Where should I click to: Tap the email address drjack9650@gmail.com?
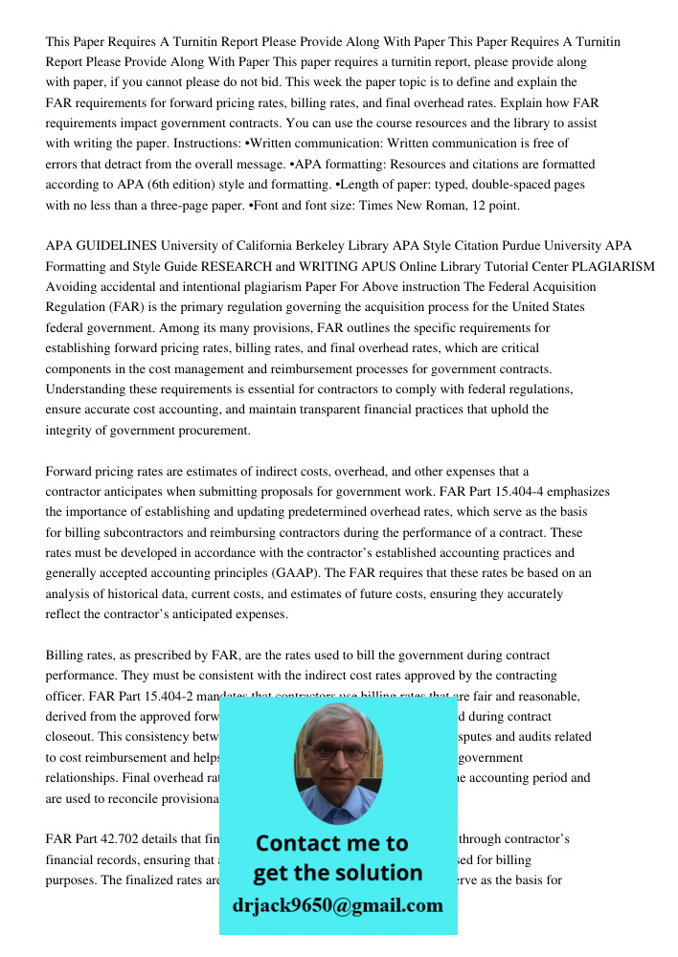tap(337, 905)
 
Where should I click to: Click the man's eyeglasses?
tap(336, 752)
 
